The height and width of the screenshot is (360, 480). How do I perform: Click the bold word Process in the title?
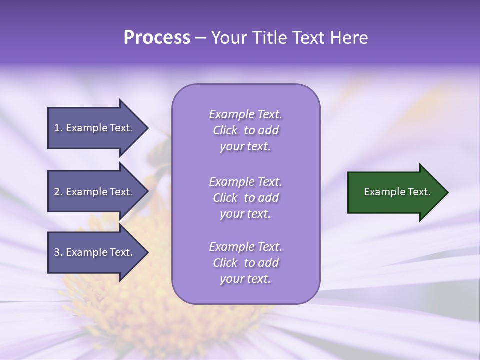coord(157,38)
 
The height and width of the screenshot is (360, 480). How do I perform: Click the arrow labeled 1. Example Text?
coord(95,128)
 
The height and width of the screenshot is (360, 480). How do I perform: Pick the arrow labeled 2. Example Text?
coord(95,192)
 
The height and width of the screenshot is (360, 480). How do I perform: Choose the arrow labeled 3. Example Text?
coord(95,253)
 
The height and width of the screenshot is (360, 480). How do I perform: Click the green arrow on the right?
coord(395,192)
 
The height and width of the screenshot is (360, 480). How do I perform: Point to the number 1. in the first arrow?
coord(58,128)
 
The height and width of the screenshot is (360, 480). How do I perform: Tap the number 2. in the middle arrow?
coord(58,192)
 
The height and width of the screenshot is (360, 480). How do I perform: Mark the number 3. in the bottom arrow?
coord(58,253)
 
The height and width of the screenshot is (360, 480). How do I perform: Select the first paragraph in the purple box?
coord(245,130)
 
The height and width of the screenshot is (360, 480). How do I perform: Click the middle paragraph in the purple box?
coord(245,198)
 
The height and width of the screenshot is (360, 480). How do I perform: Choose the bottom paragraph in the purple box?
coord(245,263)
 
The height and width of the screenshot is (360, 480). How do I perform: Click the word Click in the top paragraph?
coord(225,131)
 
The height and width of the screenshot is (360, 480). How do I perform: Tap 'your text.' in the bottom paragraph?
coord(245,279)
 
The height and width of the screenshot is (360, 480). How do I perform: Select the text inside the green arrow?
coord(397,192)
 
